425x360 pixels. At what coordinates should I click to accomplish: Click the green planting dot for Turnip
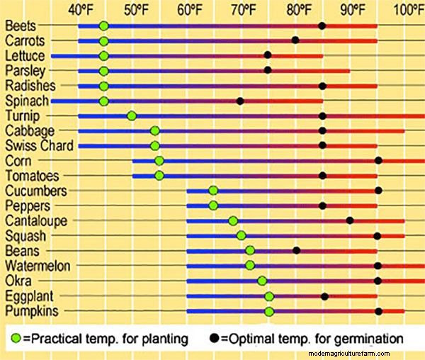(x=132, y=116)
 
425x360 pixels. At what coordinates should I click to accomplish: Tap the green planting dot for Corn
(x=159, y=161)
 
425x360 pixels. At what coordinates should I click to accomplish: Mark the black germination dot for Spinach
(x=240, y=101)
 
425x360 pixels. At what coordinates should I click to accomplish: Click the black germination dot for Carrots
(x=295, y=40)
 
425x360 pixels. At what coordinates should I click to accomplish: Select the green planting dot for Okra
(x=262, y=281)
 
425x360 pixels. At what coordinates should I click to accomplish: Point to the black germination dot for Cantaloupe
(x=350, y=220)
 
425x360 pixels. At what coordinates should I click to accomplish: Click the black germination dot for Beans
(x=297, y=250)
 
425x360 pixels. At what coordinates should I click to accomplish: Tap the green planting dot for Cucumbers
(x=213, y=191)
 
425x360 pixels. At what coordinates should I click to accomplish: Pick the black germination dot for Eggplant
(x=325, y=296)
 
